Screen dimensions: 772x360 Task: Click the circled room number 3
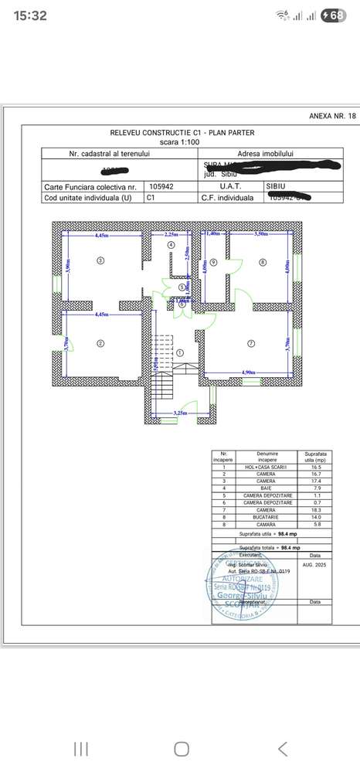coord(100,261)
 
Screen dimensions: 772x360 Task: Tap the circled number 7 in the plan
coord(250,342)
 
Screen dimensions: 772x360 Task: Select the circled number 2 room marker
coord(100,342)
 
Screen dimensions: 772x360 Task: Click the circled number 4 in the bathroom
coord(171,244)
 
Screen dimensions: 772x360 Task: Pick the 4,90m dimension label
coord(250,372)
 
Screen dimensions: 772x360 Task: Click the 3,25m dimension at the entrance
coord(180,413)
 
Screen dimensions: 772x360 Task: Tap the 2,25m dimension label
coord(172,233)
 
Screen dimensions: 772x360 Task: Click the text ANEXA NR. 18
coord(333,116)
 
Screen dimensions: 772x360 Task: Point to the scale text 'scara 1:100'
coord(179,142)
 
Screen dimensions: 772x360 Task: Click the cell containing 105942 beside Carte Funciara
coord(161,187)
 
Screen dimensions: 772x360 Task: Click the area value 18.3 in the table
coord(314,509)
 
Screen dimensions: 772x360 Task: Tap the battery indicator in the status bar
coord(333,15)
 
